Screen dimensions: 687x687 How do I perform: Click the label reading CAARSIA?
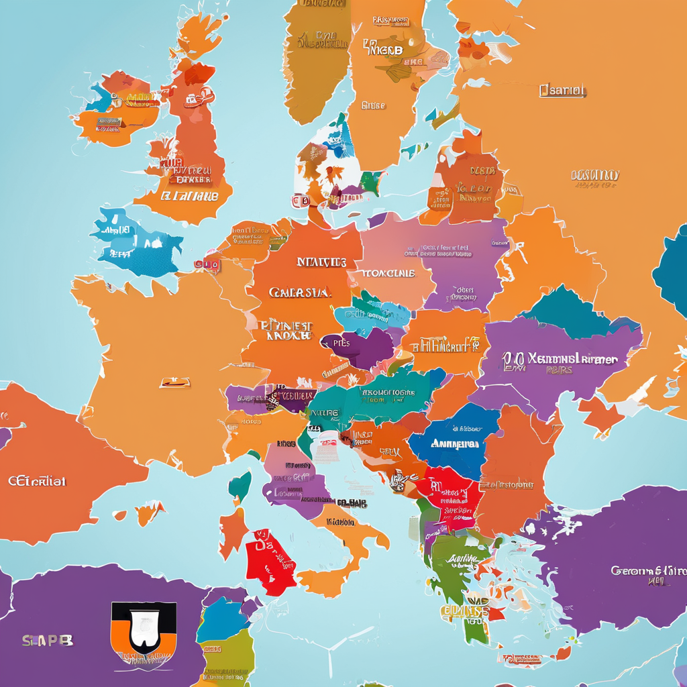(x=299, y=293)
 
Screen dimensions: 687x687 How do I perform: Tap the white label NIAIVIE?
(x=321, y=262)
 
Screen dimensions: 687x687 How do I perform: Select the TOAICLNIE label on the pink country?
(x=388, y=273)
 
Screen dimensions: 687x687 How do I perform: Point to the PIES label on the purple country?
(x=341, y=343)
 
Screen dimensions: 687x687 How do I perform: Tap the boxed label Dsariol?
(x=562, y=90)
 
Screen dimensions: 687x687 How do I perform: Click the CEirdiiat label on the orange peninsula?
(x=37, y=481)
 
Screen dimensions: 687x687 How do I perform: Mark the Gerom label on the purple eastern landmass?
(x=647, y=571)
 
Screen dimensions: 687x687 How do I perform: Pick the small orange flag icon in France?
(x=174, y=382)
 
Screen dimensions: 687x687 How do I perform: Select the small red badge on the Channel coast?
(x=207, y=265)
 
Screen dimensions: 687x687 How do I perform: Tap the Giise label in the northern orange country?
(x=373, y=105)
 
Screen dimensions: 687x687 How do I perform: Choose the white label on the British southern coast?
(x=189, y=197)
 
